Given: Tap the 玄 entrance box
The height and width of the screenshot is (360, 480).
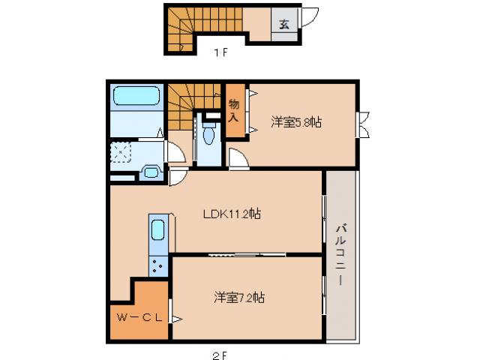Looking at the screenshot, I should point(285,22).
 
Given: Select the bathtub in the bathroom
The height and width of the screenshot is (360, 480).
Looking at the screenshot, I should point(136,97).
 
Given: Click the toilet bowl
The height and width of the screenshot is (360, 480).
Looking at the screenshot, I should point(208,136).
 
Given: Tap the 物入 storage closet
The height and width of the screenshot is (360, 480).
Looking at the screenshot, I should point(235,111).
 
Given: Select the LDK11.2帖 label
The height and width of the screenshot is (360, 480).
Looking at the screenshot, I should point(232,214).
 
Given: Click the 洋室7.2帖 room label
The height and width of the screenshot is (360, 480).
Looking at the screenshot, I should point(237,297).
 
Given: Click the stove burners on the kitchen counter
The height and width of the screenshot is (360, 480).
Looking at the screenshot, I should point(158,264).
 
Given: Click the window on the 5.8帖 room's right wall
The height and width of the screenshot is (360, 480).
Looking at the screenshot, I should point(362,124).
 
